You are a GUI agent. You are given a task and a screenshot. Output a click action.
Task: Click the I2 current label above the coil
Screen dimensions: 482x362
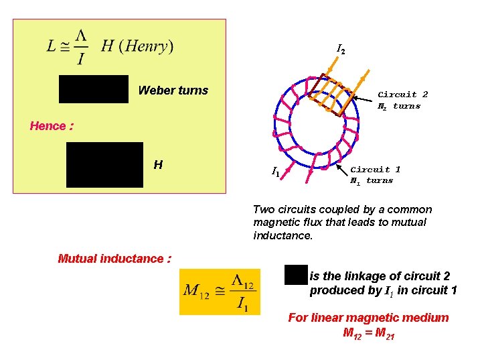coord(341,50)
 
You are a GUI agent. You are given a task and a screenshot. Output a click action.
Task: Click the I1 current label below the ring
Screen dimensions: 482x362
coord(275,172)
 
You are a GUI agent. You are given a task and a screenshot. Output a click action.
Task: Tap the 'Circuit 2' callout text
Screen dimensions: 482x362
coord(402,95)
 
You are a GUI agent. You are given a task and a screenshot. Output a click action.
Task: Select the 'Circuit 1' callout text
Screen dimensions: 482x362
coord(376,170)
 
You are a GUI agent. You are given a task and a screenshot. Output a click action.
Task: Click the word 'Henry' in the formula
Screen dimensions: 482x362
coord(147,46)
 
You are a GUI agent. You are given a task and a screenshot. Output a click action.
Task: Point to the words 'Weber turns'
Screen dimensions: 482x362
coord(173,90)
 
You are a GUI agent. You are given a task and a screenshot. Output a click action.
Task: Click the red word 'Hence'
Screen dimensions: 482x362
coord(48,126)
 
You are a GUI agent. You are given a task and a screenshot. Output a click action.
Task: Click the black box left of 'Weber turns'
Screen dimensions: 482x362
coord(94,89)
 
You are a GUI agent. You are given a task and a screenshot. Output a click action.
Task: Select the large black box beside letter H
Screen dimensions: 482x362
coord(104,164)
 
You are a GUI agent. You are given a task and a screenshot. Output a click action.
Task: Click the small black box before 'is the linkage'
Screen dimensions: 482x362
coord(295,275)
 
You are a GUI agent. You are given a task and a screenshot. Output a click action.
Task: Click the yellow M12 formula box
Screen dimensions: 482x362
coord(219,291)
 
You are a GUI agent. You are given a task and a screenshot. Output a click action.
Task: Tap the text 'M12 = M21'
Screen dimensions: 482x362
coord(368,333)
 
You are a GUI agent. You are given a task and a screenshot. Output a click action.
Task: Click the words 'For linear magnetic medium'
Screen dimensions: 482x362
coord(368,318)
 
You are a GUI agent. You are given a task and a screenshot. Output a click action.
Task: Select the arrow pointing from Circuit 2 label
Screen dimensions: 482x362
coord(364,100)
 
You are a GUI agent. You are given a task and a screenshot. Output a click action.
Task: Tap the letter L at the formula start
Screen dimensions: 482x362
coord(52,46)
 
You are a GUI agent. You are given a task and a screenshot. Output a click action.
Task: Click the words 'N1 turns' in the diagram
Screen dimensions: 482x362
coord(372,180)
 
